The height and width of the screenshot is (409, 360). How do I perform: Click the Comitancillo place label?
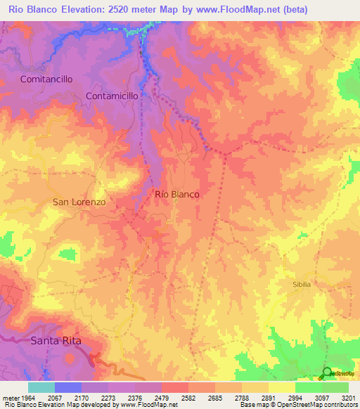click(46, 79)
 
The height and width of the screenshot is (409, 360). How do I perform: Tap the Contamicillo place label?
click(112, 95)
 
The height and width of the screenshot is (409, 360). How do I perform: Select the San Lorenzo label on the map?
click(79, 202)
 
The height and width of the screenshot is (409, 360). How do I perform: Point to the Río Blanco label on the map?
click(176, 194)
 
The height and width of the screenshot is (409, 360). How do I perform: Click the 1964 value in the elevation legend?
click(28, 398)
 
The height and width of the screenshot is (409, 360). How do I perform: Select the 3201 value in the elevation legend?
click(347, 398)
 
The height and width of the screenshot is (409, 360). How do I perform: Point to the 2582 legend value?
click(188, 398)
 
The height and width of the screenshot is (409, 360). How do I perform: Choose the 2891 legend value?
click(267, 398)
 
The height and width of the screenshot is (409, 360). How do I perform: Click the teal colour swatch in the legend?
click(41, 387)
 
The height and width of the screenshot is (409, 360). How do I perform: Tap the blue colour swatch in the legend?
click(67, 387)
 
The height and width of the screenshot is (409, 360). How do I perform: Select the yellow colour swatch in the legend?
click(281, 387)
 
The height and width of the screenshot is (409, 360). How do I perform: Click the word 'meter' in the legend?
click(9, 398)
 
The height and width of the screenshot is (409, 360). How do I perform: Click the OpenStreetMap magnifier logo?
click(327, 373)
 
